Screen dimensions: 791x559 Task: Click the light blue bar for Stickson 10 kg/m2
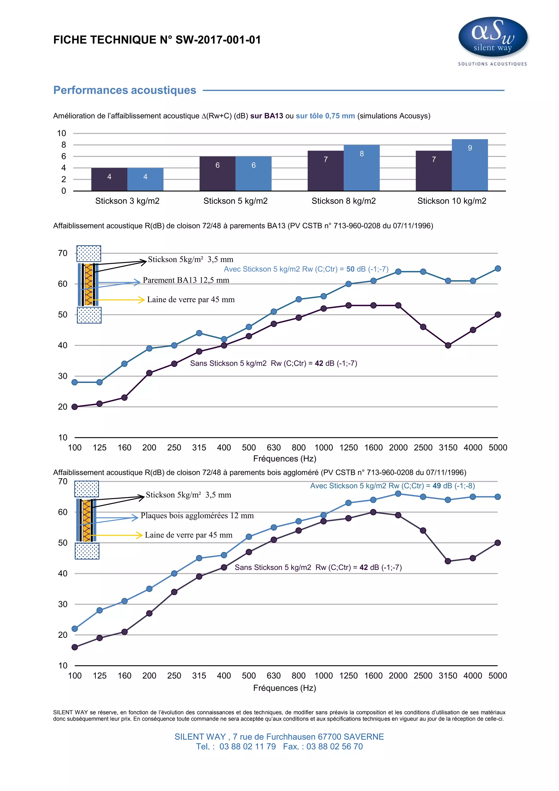coord(469,165)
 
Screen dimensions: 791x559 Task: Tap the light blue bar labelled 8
coord(361,168)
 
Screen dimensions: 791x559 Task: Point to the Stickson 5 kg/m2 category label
coord(235,201)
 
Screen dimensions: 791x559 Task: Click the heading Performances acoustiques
coord(125,90)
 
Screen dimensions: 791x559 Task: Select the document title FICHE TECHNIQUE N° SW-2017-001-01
coord(157,40)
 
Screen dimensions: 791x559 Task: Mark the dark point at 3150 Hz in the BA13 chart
coord(448,345)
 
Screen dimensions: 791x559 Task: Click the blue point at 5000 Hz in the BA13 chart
coord(497,268)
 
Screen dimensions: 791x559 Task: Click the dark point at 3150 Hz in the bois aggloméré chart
coord(448,561)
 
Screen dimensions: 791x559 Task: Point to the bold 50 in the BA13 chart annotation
coord(350,269)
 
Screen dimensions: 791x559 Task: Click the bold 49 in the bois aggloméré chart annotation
coord(436,486)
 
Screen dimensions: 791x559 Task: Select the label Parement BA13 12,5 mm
coord(186,280)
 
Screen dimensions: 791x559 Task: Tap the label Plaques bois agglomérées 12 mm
coord(197,516)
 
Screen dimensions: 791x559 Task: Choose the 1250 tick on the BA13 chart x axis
coord(348,448)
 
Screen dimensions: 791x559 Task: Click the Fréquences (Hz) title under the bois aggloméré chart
coord(284,688)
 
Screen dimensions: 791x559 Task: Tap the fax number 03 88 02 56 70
coord(334,747)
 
